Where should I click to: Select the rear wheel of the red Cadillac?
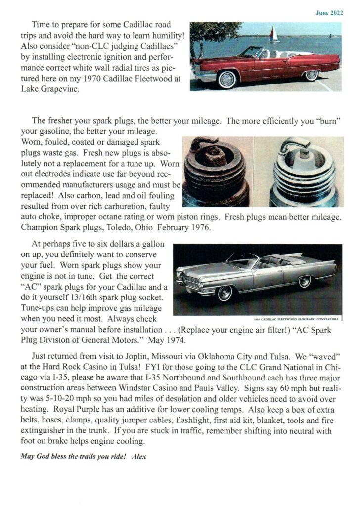click(x=311, y=75)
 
